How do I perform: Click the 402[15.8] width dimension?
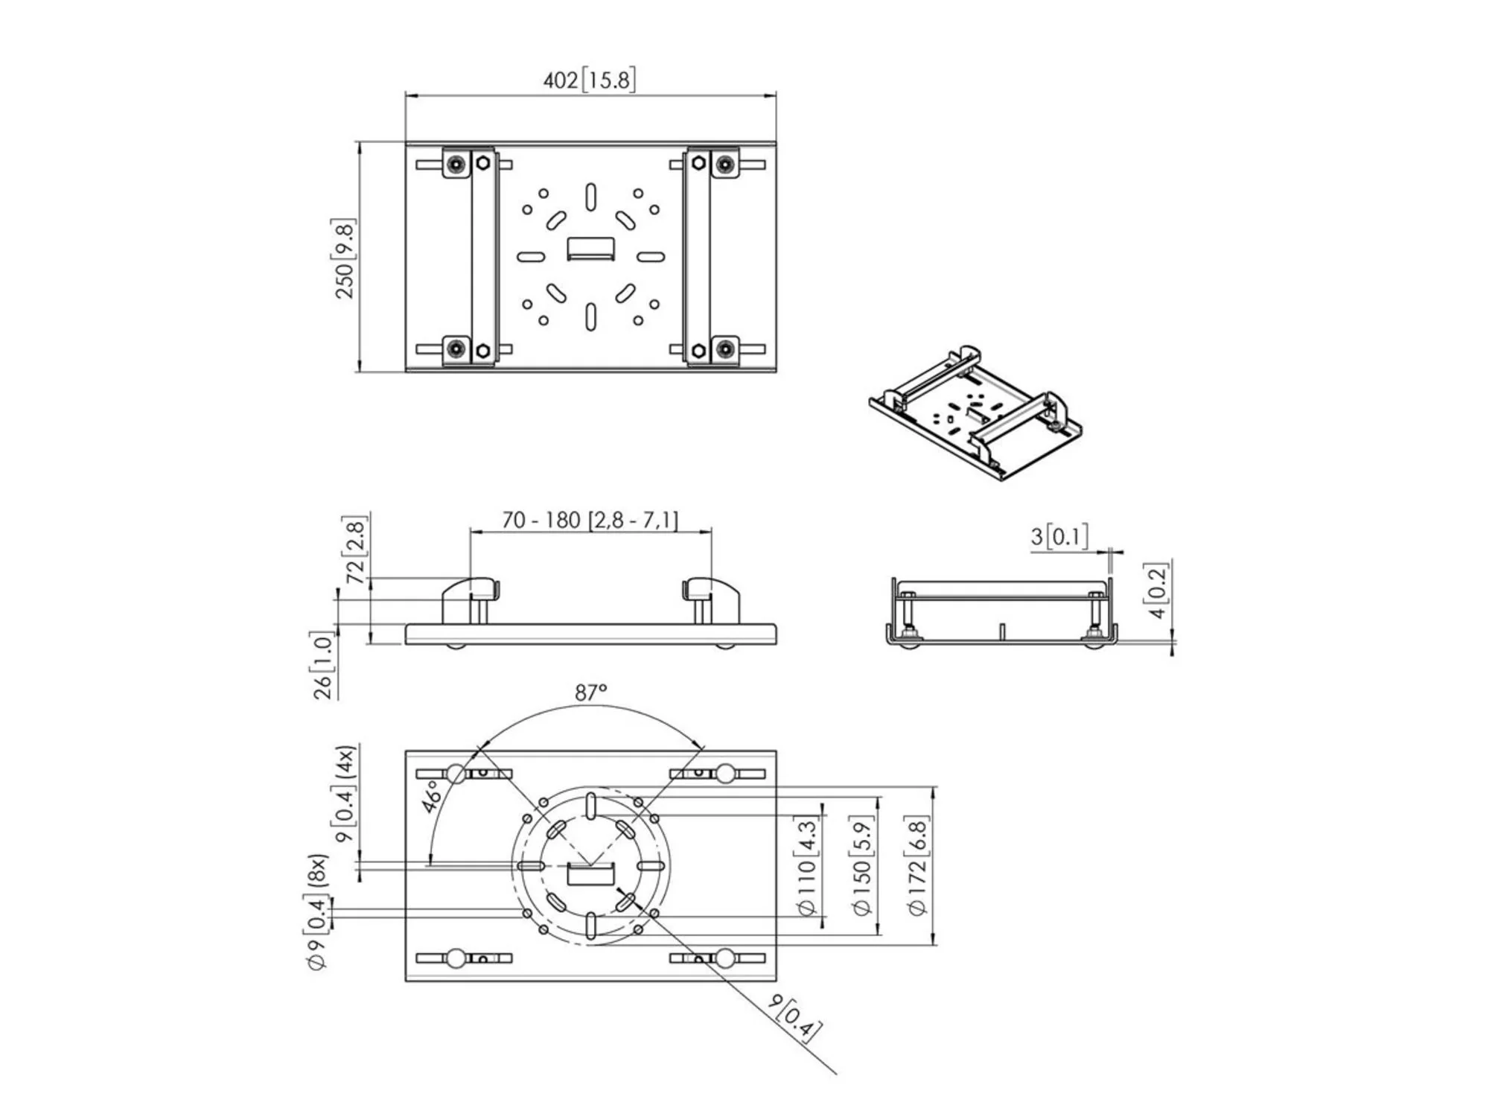tap(589, 80)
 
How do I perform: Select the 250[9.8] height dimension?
tap(345, 258)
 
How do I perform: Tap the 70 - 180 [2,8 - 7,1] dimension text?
tap(590, 520)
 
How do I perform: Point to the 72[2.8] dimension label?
tap(356, 552)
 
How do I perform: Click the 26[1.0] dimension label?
tap(323, 666)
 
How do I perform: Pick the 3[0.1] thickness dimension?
tap(1059, 536)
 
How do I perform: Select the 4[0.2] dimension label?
tap(1158, 590)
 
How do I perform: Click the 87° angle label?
tap(590, 693)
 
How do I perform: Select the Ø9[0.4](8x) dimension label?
tap(317, 913)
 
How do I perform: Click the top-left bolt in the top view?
tap(456, 163)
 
